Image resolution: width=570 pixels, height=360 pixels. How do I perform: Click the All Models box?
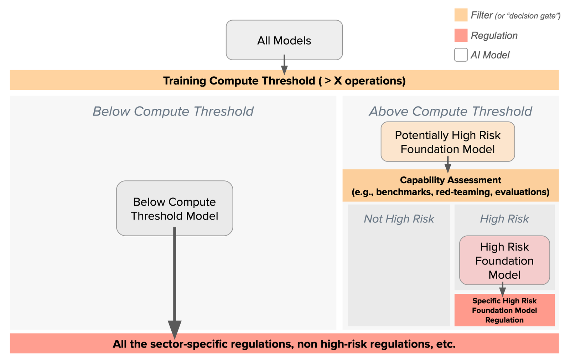click(x=284, y=40)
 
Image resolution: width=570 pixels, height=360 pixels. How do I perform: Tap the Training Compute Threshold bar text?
click(x=284, y=81)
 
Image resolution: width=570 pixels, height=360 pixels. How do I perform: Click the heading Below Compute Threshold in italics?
click(x=173, y=111)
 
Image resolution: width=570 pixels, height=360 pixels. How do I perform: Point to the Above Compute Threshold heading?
click(x=450, y=111)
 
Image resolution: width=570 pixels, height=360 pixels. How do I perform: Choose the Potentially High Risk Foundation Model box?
click(x=447, y=142)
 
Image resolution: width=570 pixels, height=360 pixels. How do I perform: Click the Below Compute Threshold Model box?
click(x=174, y=209)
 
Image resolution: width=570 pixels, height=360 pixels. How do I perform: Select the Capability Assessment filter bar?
click(x=450, y=186)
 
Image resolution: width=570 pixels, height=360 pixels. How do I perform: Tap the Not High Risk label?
click(x=399, y=218)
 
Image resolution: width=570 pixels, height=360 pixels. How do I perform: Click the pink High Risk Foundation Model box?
click(x=504, y=261)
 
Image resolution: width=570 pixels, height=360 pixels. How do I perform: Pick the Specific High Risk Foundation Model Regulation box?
click(x=504, y=310)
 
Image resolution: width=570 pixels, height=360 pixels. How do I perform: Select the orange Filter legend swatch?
click(x=461, y=15)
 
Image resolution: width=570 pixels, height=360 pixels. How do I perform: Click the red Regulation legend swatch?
click(x=461, y=35)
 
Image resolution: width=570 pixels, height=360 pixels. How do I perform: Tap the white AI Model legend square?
click(x=461, y=55)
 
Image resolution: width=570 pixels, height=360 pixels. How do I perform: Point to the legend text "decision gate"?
click(x=533, y=16)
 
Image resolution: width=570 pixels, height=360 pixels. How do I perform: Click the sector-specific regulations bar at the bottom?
click(x=284, y=344)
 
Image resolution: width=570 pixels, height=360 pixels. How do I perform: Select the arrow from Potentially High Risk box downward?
click(x=448, y=165)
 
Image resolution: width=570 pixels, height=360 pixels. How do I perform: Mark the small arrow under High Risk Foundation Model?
click(x=502, y=289)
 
